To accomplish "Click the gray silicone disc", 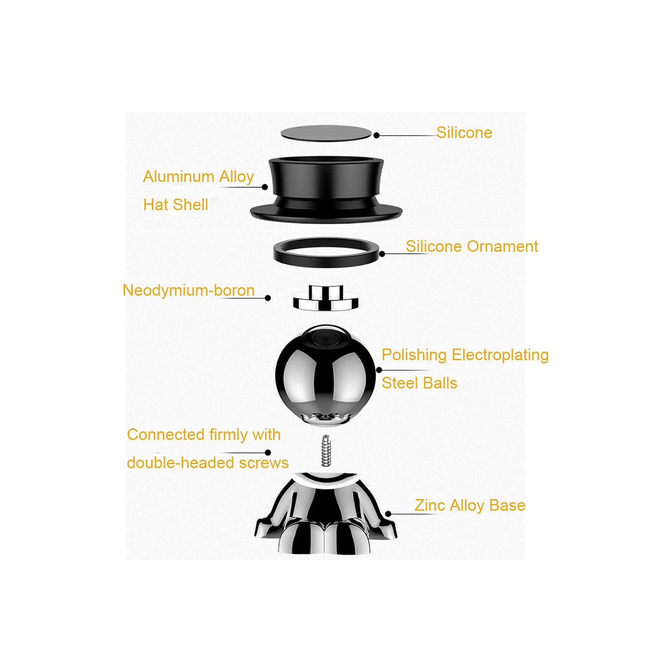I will pos(326,134).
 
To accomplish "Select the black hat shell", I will pos(326,190).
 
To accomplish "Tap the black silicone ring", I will pos(326,254).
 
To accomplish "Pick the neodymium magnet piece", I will pos(326,298).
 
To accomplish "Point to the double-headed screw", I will pos(326,451).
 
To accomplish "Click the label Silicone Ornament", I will pos(472,246).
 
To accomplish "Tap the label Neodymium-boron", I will pos(188,290).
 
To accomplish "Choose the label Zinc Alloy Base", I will pos(469,505).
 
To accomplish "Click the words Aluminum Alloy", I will pos(198,177).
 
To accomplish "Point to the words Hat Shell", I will pos(175,205).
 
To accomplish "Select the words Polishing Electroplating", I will pos(465,355).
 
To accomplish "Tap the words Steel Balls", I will pos(419,383).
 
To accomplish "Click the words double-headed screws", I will pos(208,462).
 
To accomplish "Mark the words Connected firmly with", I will pos(204,435).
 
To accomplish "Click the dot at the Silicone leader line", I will pos(377,135).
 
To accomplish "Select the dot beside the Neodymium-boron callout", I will pos(268,298).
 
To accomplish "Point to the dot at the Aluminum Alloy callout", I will pos(264,187).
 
